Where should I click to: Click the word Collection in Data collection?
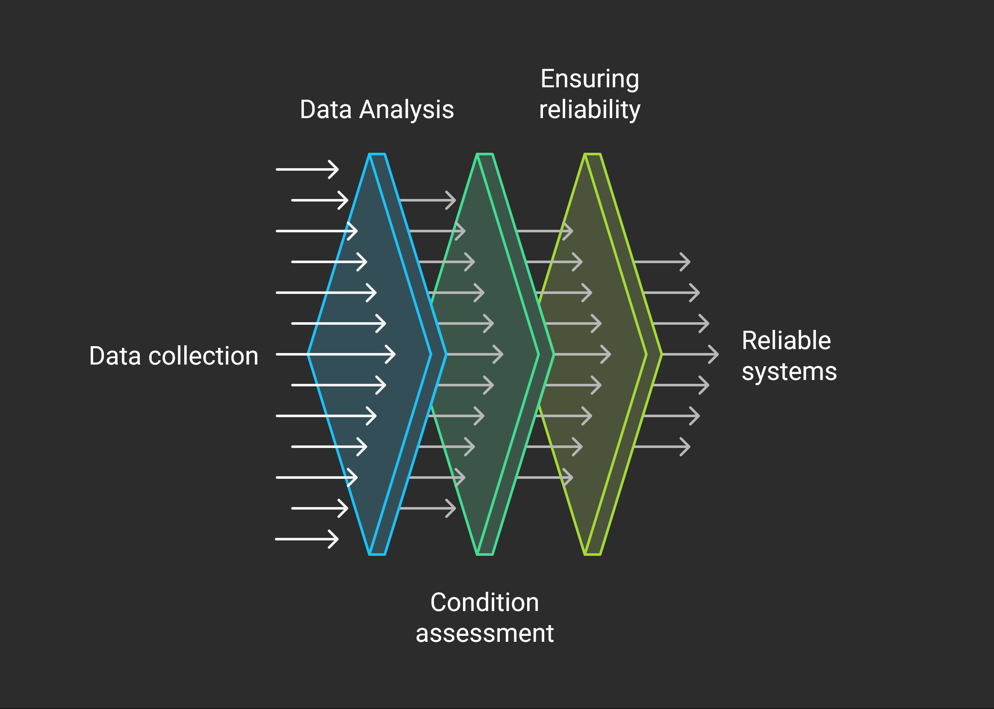(203, 356)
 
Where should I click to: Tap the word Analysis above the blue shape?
(406, 110)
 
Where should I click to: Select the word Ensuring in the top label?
(590, 79)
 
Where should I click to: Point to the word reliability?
(590, 110)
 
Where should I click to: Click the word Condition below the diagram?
(484, 602)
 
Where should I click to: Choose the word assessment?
(484, 633)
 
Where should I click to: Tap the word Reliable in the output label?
(786, 341)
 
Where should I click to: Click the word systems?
(790, 371)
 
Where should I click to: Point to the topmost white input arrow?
(307, 169)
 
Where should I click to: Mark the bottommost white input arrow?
(307, 539)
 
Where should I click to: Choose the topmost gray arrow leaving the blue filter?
(428, 200)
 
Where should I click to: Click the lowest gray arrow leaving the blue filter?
(428, 508)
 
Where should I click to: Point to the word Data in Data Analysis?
(325, 110)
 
